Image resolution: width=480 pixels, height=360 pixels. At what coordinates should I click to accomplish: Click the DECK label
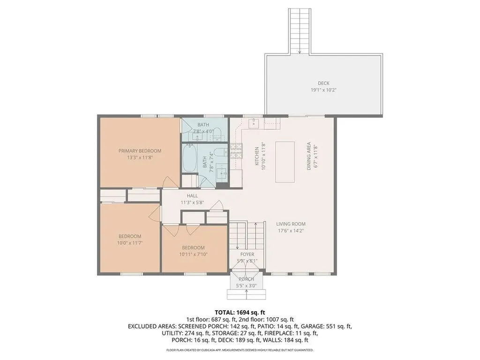pos(323,83)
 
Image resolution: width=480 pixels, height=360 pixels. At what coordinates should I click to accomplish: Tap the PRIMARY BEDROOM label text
pos(140,151)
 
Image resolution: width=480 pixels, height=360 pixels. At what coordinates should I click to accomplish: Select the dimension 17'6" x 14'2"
pos(291,230)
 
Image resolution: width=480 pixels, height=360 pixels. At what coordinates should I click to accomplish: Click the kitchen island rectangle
pos(285,162)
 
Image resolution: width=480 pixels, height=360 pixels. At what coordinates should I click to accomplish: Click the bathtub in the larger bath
pos(190,158)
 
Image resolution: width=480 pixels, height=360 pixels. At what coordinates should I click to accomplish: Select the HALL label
pos(192,195)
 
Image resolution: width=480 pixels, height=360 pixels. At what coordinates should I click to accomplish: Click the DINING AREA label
pos(309,156)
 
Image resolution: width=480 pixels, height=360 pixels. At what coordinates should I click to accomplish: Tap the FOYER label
pos(247,255)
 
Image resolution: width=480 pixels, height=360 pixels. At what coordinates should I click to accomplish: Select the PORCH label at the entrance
pos(246,279)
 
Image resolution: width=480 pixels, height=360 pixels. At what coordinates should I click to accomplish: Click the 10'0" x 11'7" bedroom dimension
pos(130,243)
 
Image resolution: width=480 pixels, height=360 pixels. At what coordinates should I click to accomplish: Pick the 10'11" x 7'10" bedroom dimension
pos(193,254)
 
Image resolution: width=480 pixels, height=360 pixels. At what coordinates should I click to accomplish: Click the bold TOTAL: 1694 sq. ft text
pos(240,312)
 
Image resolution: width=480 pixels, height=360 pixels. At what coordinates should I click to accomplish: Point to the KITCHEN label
pos(257,156)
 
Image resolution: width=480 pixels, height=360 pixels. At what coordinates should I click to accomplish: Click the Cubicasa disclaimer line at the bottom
pos(240,350)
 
